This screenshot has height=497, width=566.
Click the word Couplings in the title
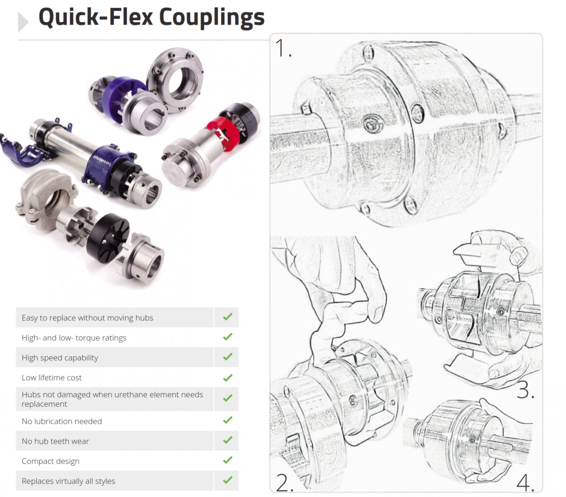click(x=211, y=18)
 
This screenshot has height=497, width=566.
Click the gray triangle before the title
click(x=23, y=22)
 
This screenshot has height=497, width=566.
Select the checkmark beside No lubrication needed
click(x=228, y=420)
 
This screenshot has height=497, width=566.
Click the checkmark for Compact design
click(x=228, y=460)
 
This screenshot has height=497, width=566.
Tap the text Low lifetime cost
click(x=51, y=377)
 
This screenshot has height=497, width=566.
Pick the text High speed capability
click(x=60, y=358)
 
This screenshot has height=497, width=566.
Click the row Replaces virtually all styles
click(x=68, y=481)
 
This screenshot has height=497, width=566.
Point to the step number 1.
click(x=282, y=49)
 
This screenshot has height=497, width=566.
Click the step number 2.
click(x=284, y=482)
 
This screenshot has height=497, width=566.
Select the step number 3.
click(x=524, y=390)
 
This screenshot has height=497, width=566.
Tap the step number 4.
click(x=524, y=482)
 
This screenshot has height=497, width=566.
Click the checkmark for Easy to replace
click(x=228, y=317)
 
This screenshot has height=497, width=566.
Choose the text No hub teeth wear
click(x=55, y=441)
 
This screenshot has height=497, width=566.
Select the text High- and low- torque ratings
click(x=74, y=338)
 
